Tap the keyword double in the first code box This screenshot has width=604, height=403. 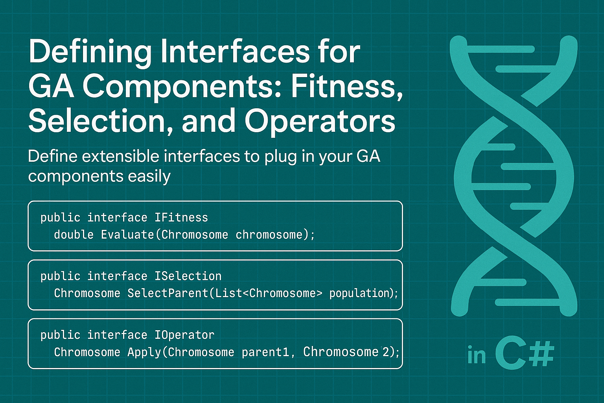click(x=74, y=235)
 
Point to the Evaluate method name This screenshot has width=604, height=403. click(x=127, y=235)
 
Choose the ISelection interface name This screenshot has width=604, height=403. click(x=188, y=276)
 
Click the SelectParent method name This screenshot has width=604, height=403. click(x=168, y=294)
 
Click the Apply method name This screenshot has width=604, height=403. click(x=144, y=352)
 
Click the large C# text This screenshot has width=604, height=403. click(x=525, y=355)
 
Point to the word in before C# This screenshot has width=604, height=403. click(x=477, y=356)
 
